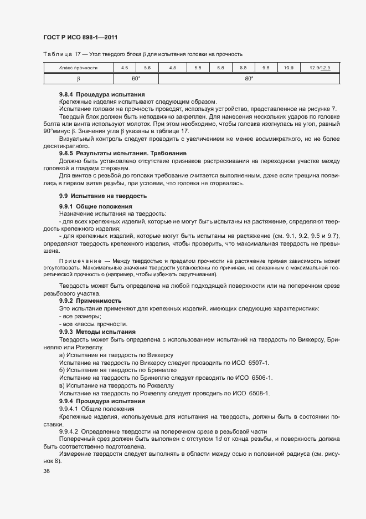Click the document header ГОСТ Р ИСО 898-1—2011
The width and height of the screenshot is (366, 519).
[x=80, y=37]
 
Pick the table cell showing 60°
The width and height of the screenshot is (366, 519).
[x=136, y=78]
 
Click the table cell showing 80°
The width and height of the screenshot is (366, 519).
[x=249, y=78]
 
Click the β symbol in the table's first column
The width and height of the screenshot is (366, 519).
[x=78, y=78]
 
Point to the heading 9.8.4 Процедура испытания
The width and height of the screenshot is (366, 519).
[x=102, y=94]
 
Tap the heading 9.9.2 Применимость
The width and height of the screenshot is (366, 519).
[x=90, y=301]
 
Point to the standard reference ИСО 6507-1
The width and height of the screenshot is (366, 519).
[x=251, y=362]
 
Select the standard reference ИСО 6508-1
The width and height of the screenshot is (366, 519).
[x=251, y=393]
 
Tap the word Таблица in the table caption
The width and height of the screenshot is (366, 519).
[x=56, y=54]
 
